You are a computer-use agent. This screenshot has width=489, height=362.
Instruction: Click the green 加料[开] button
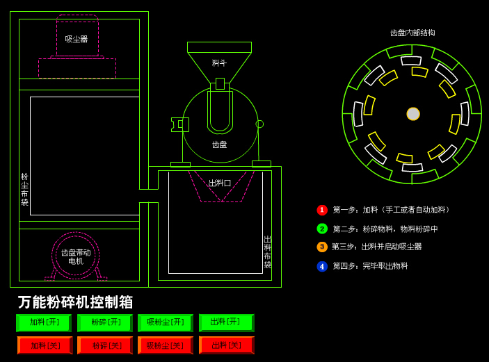click(43, 323)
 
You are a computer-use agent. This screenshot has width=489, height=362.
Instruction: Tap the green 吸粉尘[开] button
click(165, 323)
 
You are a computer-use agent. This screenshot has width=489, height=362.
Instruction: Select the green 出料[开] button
click(226, 322)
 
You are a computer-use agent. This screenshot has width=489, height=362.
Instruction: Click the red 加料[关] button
click(45, 345)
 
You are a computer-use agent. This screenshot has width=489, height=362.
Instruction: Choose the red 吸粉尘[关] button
click(165, 345)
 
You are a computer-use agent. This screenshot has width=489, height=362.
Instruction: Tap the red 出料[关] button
click(226, 345)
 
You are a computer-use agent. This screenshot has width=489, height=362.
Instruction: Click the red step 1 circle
click(322, 210)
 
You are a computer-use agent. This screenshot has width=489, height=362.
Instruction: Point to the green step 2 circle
click(322, 229)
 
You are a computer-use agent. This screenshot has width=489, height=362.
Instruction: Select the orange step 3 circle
click(322, 247)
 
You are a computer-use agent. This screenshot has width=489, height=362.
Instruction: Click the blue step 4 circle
click(322, 266)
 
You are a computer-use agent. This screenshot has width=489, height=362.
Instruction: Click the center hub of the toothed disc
click(413, 114)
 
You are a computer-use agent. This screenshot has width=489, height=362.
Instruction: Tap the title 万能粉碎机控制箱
click(75, 302)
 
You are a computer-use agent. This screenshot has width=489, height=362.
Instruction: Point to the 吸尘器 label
click(77, 39)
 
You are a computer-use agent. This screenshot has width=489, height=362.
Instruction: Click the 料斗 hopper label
click(219, 63)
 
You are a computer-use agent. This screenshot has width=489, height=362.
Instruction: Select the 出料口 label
click(220, 183)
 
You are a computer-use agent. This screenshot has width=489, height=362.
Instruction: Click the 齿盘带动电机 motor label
click(76, 256)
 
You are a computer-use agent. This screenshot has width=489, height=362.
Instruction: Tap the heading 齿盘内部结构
click(412, 33)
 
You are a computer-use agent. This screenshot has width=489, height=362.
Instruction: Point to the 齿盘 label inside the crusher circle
click(220, 145)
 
